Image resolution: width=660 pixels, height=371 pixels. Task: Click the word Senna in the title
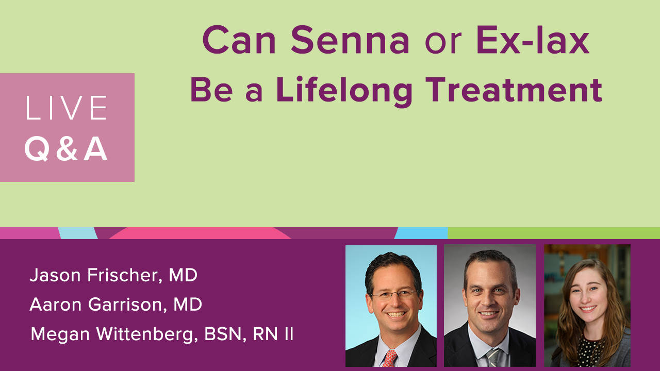[x=350, y=40]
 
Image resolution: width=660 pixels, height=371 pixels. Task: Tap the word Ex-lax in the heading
[x=533, y=40]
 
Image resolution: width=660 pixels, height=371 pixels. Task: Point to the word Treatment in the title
[x=514, y=89]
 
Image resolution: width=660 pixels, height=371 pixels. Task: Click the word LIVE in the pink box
[x=67, y=108]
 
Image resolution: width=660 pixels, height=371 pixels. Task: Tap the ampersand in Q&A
[x=67, y=149]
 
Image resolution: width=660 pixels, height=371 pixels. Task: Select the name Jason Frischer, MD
[x=113, y=276]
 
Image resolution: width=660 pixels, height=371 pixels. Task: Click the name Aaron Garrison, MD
[x=116, y=305]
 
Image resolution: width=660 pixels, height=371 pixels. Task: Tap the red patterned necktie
[x=389, y=358]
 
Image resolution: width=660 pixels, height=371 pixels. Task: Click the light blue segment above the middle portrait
[x=422, y=233]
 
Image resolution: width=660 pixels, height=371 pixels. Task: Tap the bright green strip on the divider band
[x=554, y=233]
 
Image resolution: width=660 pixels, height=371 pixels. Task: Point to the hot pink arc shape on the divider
[x=201, y=233]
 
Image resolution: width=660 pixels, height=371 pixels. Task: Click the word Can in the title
[x=239, y=40]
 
